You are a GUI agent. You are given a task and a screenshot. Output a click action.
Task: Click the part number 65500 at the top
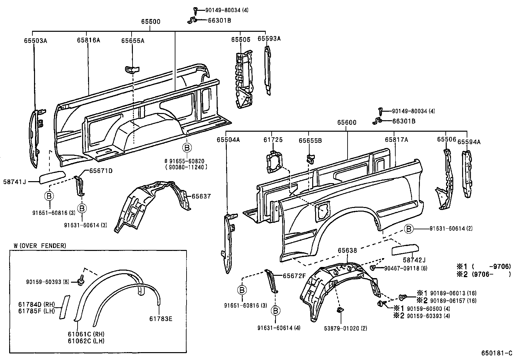151,22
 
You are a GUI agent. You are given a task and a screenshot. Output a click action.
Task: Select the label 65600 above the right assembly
347,123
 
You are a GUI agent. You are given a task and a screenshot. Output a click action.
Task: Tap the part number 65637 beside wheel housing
201,197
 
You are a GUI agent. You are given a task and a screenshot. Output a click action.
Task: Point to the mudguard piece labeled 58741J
52,177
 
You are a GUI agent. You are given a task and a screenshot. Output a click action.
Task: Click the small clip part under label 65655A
132,69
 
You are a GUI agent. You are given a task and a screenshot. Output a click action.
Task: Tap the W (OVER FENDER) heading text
40,245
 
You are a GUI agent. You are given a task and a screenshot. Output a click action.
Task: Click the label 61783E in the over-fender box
161,318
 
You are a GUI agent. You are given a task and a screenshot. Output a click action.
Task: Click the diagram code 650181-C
496,353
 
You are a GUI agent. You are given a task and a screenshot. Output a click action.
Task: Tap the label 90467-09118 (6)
405,268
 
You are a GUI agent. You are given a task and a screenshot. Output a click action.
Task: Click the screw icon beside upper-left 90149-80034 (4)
195,10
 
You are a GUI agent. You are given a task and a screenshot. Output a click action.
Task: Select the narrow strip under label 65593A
267,70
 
